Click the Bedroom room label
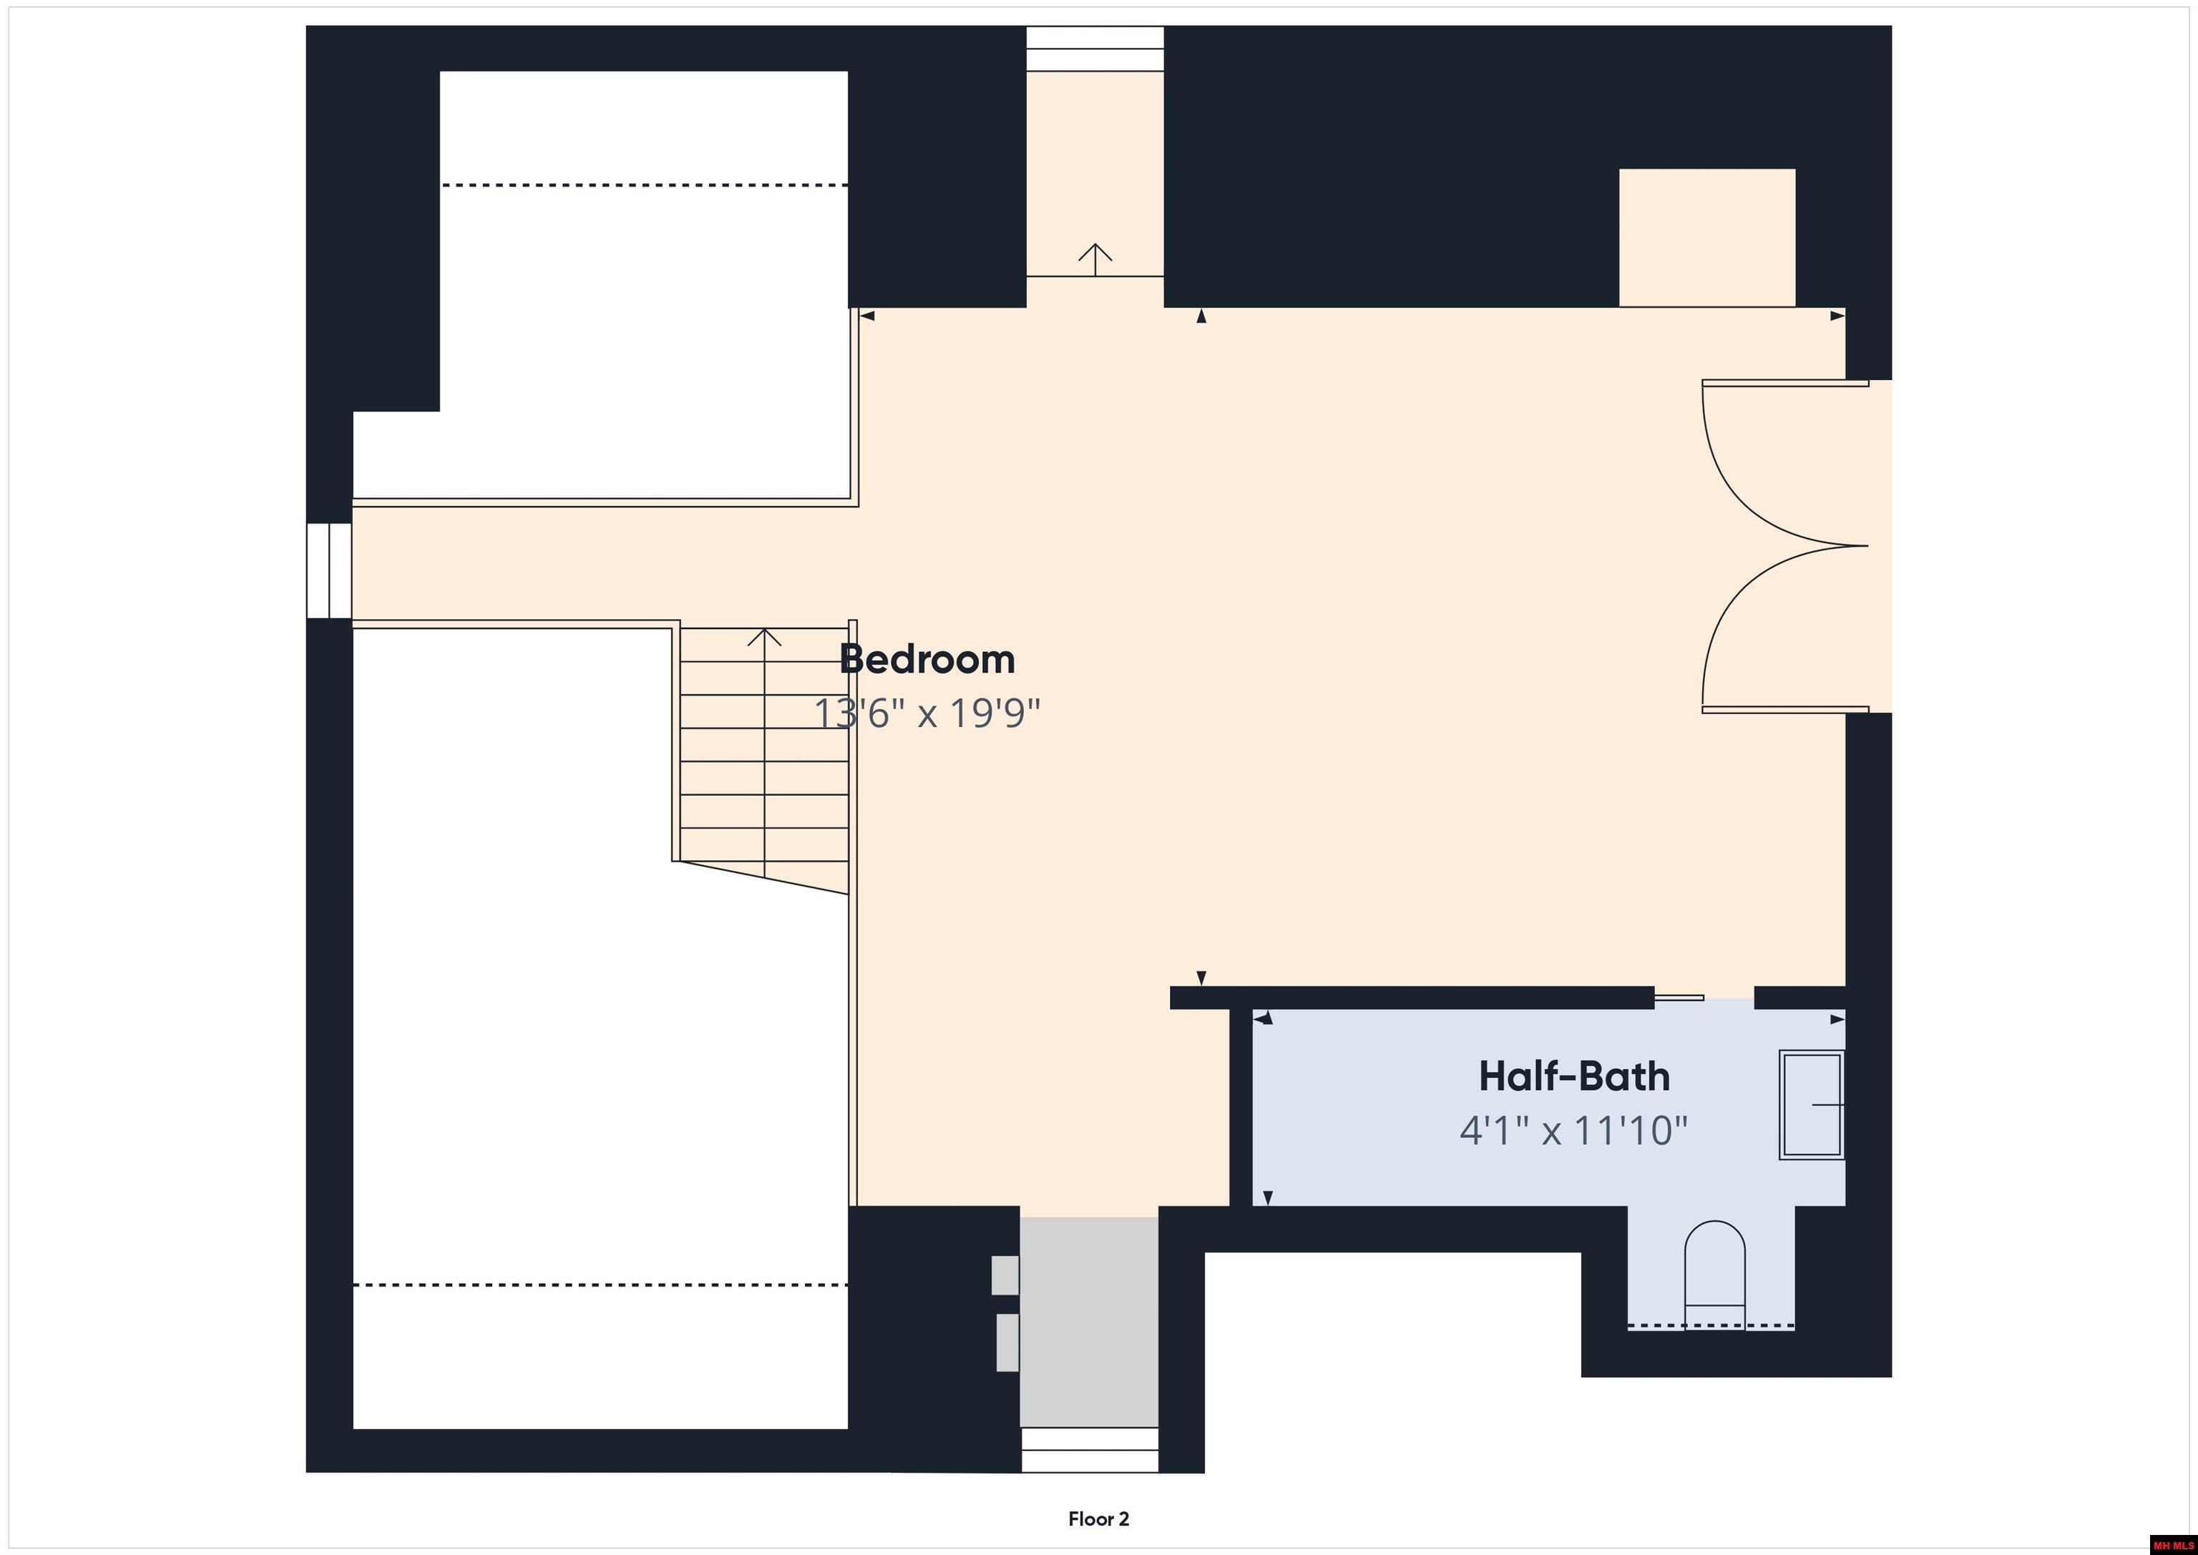pos(927,660)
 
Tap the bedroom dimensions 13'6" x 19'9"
pos(927,713)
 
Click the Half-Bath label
pos(1574,1076)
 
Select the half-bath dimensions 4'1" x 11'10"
pos(1574,1131)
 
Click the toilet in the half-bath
pos(1714,1274)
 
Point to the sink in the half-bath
pos(1811,1105)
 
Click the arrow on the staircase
pos(764,753)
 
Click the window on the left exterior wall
pos(329,570)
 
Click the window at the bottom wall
pos(1090,1451)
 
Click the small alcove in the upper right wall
pos(1707,238)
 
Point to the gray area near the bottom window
pos(1090,1322)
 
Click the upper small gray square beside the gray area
pos(1005,1274)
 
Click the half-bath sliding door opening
pos(1704,998)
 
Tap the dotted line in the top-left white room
pos(644,185)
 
